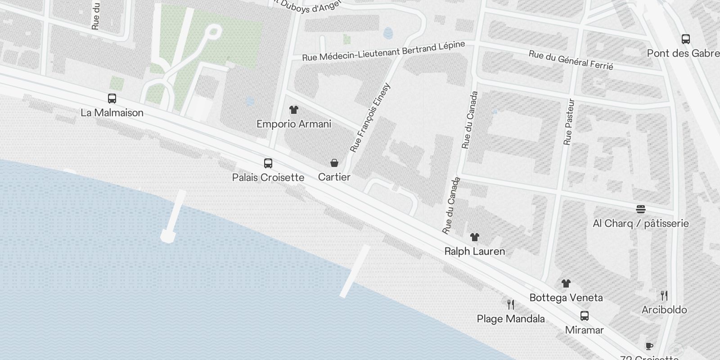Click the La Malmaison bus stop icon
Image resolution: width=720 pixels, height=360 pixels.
pos(112,98)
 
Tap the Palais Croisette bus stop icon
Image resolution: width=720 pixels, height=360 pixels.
pos(268,163)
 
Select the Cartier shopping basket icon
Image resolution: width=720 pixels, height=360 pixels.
pos(334,162)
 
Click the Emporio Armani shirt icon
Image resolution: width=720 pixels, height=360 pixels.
pos(294,109)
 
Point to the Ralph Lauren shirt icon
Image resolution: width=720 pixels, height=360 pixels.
pos(475,237)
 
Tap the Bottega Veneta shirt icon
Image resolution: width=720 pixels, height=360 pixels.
pos(566,283)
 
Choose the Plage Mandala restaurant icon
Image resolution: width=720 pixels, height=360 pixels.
pos(511,305)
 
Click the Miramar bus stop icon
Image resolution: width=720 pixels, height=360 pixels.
pos(585,315)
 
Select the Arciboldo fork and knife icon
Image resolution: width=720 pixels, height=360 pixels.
pos(664,295)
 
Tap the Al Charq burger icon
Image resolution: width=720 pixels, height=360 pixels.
pos(641,209)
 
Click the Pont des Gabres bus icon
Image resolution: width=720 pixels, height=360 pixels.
pos(686,39)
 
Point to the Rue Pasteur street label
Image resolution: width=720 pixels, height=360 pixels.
pos(569,122)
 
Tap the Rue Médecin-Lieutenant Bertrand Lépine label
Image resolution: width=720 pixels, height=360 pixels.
pos(383,52)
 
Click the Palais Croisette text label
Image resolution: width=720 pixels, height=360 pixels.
pos(268,177)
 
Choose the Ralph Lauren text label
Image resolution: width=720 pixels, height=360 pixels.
pos(475,251)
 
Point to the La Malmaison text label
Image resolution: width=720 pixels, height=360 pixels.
pos(112,112)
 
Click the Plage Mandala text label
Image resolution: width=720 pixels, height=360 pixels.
pos(511,319)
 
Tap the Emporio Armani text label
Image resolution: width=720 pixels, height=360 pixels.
pos(294,124)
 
